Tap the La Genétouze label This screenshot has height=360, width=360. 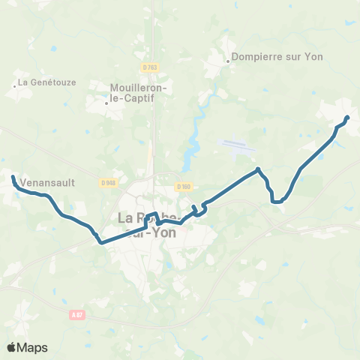[46, 82]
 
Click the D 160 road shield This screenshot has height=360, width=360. [184, 186]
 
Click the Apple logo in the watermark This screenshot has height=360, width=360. [12, 346]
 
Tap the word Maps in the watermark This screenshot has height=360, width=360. [33, 347]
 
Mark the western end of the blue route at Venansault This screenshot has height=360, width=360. [13, 177]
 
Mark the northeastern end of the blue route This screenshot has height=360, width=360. [347, 118]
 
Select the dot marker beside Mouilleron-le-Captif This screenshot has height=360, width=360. [106, 103]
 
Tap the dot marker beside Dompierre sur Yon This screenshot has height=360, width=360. [228, 61]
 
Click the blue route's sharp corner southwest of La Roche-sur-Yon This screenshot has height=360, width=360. [100, 242]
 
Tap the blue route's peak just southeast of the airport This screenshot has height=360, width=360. [258, 169]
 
